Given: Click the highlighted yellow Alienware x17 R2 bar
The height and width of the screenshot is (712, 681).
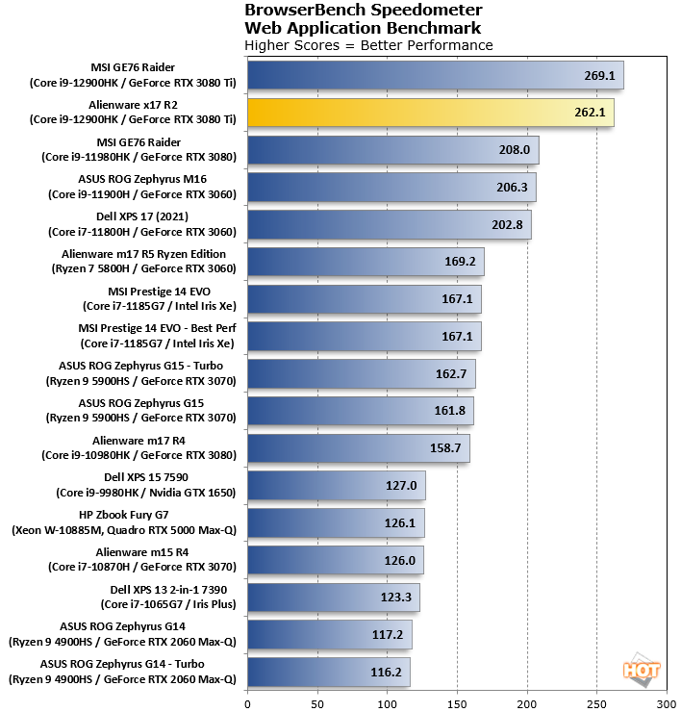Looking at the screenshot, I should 430,113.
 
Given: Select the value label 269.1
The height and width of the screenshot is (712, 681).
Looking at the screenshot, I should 598,76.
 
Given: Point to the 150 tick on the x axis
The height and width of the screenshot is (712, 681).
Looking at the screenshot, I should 458,701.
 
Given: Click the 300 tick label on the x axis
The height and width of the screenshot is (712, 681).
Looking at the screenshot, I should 667,701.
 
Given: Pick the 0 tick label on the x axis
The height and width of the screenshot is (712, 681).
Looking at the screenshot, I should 248,701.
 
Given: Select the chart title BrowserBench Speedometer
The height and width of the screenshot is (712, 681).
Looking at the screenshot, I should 364,11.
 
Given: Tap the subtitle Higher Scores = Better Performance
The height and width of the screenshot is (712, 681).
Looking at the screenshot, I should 368,45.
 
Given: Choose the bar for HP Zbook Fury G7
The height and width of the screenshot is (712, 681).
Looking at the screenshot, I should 336,523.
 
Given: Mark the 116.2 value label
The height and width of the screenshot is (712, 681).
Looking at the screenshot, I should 385,673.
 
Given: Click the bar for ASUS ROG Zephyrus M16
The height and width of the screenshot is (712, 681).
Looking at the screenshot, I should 391,188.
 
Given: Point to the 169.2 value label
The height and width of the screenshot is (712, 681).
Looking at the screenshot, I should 459,262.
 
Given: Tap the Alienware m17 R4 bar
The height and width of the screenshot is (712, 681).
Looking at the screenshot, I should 358,448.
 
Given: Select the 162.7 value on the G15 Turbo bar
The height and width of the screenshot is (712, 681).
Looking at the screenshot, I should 450,374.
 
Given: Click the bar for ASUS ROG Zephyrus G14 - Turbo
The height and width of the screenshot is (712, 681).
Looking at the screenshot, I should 329,672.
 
